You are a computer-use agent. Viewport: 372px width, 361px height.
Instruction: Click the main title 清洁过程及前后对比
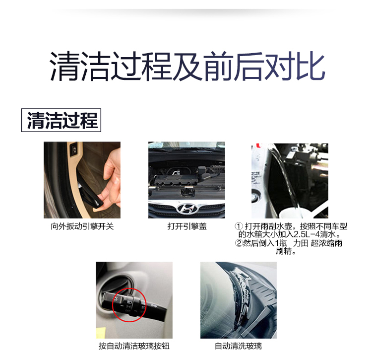187,66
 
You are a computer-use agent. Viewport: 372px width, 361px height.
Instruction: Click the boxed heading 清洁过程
61,120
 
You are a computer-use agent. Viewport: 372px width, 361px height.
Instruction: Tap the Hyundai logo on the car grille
187,208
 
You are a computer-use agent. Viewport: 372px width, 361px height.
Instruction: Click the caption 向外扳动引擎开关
82,226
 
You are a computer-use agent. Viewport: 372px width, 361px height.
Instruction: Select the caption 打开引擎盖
187,226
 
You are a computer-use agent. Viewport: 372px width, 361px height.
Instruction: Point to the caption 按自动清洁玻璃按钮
134,346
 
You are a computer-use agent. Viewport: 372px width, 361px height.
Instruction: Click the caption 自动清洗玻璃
238,346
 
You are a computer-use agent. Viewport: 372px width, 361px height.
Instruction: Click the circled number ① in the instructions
239,226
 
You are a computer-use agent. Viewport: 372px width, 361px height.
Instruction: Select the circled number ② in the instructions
239,243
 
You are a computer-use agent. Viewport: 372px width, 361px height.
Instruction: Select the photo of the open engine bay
186,180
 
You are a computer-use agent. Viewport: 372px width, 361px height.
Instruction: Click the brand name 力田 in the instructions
301,243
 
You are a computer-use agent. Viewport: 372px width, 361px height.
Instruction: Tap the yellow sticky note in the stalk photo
101,332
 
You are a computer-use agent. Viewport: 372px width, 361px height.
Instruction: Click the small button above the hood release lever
74,149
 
